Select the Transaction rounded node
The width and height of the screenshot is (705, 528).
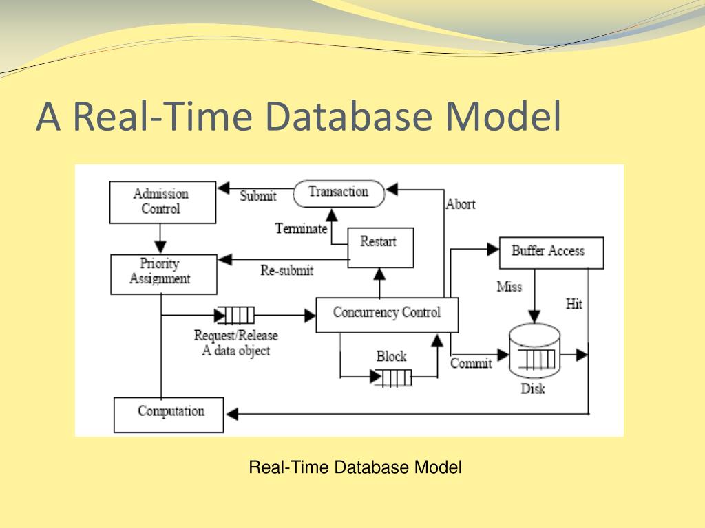tap(339, 192)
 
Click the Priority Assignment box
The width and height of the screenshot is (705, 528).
tap(163, 273)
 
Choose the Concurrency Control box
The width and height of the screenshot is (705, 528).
tap(387, 313)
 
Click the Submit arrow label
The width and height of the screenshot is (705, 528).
tap(258, 197)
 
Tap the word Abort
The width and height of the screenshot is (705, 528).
tap(461, 204)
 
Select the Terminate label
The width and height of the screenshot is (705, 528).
tap(300, 229)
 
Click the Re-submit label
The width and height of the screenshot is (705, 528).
tap(286, 271)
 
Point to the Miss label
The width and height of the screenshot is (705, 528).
tap(509, 287)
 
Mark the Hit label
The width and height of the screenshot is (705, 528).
tap(574, 304)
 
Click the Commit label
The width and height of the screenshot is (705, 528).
tap(471, 363)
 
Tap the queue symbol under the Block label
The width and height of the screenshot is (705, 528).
tap(393, 377)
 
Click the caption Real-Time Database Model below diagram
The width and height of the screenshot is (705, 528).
tap(355, 468)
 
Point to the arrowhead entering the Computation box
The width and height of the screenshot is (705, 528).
tap(232, 413)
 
